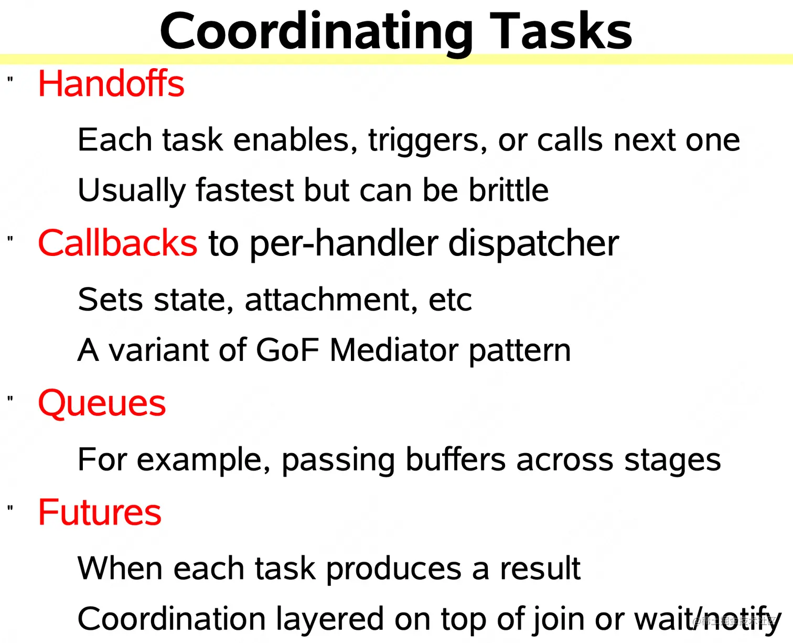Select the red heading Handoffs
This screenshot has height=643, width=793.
[111, 83]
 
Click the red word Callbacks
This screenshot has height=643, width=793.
[117, 243]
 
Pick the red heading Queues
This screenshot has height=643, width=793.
[102, 403]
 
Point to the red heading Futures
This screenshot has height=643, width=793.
[100, 512]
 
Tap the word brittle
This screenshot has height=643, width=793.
[508, 189]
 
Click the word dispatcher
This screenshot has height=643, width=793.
[533, 244]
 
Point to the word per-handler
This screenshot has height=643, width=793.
[343, 244]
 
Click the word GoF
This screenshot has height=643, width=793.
[288, 350]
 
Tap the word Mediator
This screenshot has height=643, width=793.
[394, 350]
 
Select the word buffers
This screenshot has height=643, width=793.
[455, 459]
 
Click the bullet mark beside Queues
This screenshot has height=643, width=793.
[10, 399]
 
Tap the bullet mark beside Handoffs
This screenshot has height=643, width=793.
[10, 79]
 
